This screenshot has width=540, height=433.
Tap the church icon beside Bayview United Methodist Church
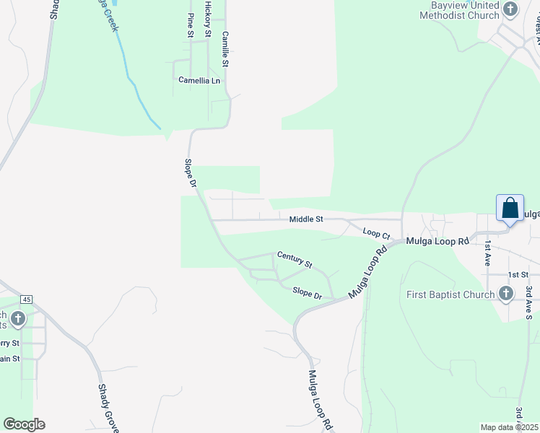[x=511, y=9]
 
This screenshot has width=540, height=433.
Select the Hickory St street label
[x=208, y=19]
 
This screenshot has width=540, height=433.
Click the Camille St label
[x=225, y=49]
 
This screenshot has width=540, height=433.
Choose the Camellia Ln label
[x=199, y=80]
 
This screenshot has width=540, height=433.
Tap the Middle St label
[x=305, y=219]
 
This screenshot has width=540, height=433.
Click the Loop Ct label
[x=376, y=234]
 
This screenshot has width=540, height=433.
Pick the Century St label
[x=294, y=259]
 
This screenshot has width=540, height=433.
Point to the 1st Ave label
[x=488, y=250]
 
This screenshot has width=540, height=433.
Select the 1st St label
[x=518, y=275]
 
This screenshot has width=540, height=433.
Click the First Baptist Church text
[x=450, y=294]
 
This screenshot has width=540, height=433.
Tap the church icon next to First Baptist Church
[x=505, y=294]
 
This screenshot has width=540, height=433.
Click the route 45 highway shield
[x=27, y=299]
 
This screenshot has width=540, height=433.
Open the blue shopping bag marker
[x=510, y=209]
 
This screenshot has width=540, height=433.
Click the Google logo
[x=24, y=424]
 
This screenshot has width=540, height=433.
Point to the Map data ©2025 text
[x=509, y=427]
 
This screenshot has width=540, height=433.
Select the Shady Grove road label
[x=108, y=407]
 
